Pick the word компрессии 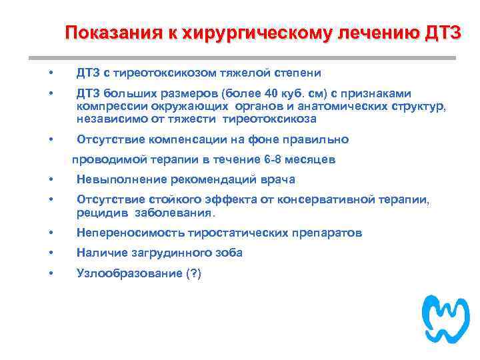point(108,106)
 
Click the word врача point(280,179)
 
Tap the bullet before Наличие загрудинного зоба point(51,253)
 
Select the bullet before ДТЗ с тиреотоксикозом point(51,72)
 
